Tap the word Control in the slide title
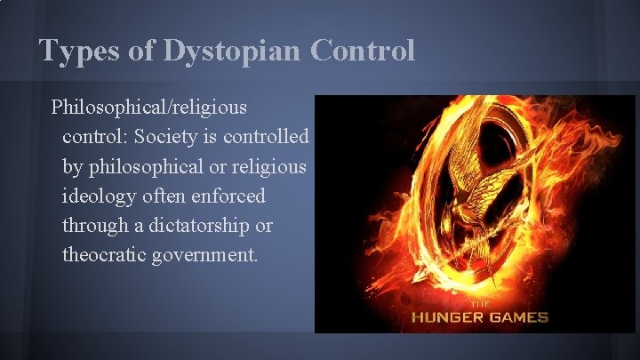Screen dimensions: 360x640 point(363,51)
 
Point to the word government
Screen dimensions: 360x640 point(207,255)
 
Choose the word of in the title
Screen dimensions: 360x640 point(140,51)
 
